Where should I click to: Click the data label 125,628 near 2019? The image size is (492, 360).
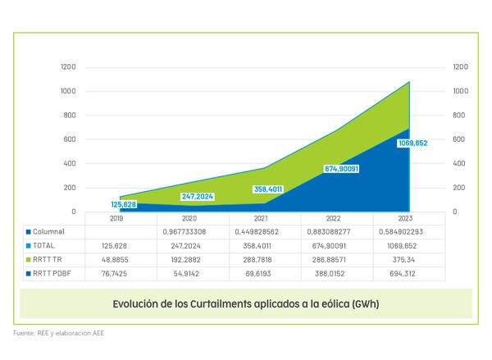124,204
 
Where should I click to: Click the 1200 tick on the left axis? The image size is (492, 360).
69,66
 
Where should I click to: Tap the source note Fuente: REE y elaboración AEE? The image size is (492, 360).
58,334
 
